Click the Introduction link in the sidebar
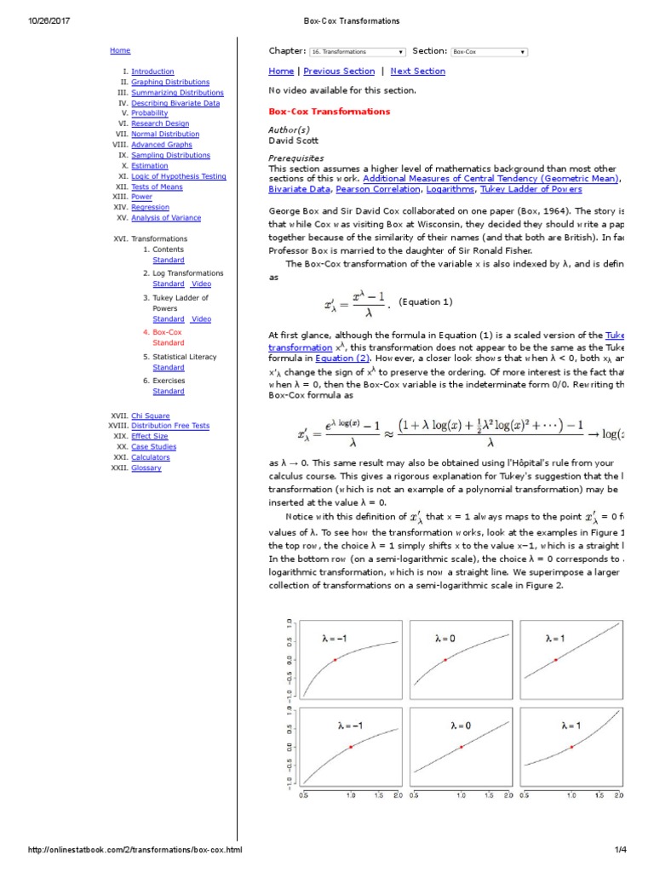152,72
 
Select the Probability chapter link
149,113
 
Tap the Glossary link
146,468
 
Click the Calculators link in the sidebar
150,457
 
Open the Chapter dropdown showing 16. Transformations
357,52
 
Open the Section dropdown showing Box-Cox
489,52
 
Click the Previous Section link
338,72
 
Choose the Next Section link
417,72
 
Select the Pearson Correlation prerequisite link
371,189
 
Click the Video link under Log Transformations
201,284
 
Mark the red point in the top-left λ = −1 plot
335,659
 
